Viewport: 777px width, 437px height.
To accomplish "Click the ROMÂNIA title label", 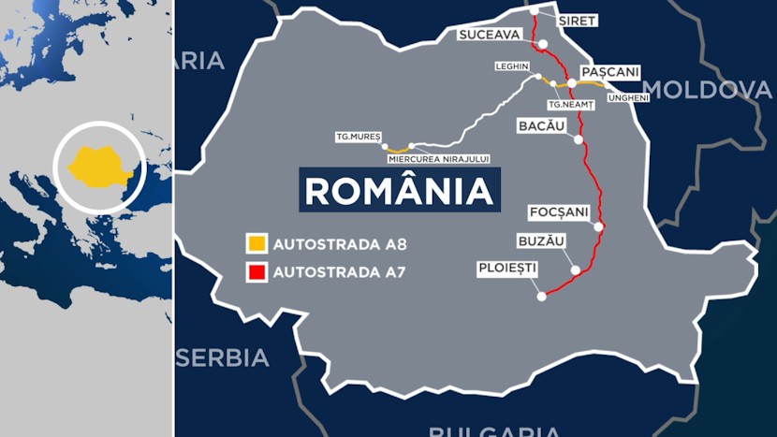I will click(400, 190).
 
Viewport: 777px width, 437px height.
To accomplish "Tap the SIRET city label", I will click(576, 20).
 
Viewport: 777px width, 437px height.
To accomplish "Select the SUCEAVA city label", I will click(488, 36).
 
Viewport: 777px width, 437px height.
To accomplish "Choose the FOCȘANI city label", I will click(558, 212).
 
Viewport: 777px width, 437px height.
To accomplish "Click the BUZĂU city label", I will click(541, 240).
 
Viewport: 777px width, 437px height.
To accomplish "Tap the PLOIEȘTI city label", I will click(507, 268).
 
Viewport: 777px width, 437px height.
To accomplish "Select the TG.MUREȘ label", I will click(359, 137).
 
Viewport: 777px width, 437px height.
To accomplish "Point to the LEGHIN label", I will click(514, 66).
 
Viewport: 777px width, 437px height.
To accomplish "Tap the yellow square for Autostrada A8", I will click(256, 245).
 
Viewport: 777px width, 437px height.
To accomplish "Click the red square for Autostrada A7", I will click(256, 273).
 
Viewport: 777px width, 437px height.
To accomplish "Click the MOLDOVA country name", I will click(707, 90).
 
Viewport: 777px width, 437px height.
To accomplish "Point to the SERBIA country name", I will click(222, 357).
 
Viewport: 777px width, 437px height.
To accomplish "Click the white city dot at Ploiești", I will click(541, 297).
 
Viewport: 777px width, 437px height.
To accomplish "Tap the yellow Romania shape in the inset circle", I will click(97, 166).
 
